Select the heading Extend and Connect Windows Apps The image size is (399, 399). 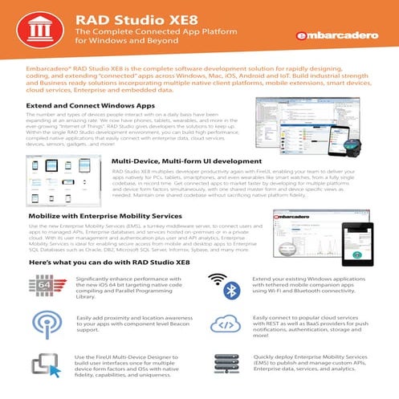click(89, 106)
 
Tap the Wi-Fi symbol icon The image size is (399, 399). click(217, 280)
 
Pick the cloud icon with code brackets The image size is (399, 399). click(222, 324)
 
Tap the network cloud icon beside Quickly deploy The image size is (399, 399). click(222, 366)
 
